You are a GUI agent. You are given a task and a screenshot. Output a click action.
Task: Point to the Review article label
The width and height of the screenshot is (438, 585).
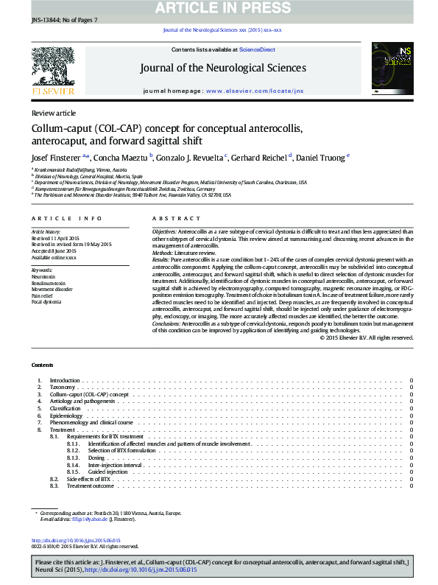[53, 113]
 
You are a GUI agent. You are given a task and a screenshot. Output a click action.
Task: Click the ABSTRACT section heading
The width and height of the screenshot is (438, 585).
[176, 219]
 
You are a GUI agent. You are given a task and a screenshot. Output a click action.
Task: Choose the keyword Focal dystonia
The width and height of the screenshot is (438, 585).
[46, 302]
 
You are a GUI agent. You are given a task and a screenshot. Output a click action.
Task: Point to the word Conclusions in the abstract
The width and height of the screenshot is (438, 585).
[169, 323]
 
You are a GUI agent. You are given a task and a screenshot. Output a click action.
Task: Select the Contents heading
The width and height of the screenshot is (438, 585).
[42, 365]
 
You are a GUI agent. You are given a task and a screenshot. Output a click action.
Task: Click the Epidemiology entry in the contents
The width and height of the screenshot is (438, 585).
[66, 416]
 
